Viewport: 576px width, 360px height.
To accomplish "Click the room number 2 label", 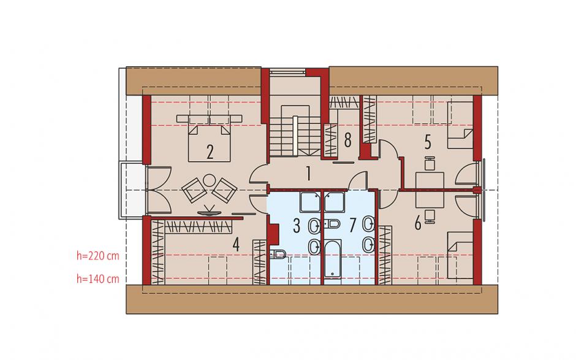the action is pos(210,152).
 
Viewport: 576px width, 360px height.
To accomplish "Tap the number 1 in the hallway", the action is pos(309,174).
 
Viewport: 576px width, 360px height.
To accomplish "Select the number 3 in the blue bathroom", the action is pos(297,226).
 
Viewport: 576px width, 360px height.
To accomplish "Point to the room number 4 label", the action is pos(236,245).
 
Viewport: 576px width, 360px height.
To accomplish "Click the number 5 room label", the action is pos(428,142).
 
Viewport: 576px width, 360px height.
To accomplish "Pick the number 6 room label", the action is pos(418,223).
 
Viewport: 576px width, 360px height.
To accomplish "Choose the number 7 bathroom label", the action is pos(353,226).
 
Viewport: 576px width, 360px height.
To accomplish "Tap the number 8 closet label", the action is pos(347,140).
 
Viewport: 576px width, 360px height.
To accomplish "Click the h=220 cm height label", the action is pos(97,256).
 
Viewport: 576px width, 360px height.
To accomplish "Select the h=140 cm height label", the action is pos(97,279).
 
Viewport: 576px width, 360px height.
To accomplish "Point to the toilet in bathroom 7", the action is pos(333,223).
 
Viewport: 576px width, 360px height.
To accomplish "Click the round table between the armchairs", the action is pos(210,180).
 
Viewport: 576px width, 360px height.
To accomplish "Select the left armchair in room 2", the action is pos(193,190).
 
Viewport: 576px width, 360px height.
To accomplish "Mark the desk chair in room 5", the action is pos(430,163).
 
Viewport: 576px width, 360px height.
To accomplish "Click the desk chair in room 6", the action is pos(430,216).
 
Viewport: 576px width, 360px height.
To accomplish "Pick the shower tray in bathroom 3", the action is pos(311,202).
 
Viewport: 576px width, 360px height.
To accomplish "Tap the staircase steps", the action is pos(295,136).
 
